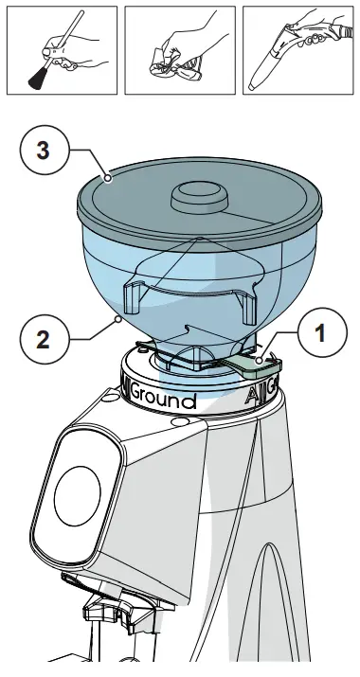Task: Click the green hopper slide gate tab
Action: pos(249,362)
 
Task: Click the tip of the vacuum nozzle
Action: pos(257,83)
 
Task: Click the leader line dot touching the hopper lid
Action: pos(108,176)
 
